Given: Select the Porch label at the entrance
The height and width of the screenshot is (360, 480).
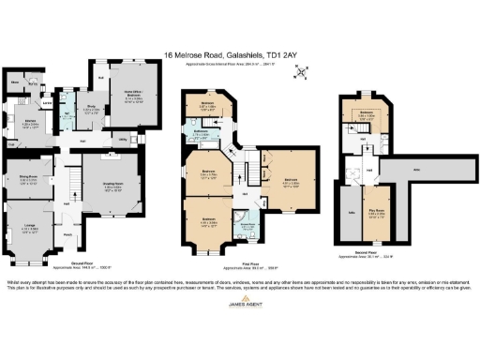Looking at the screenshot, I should pos(68,235).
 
